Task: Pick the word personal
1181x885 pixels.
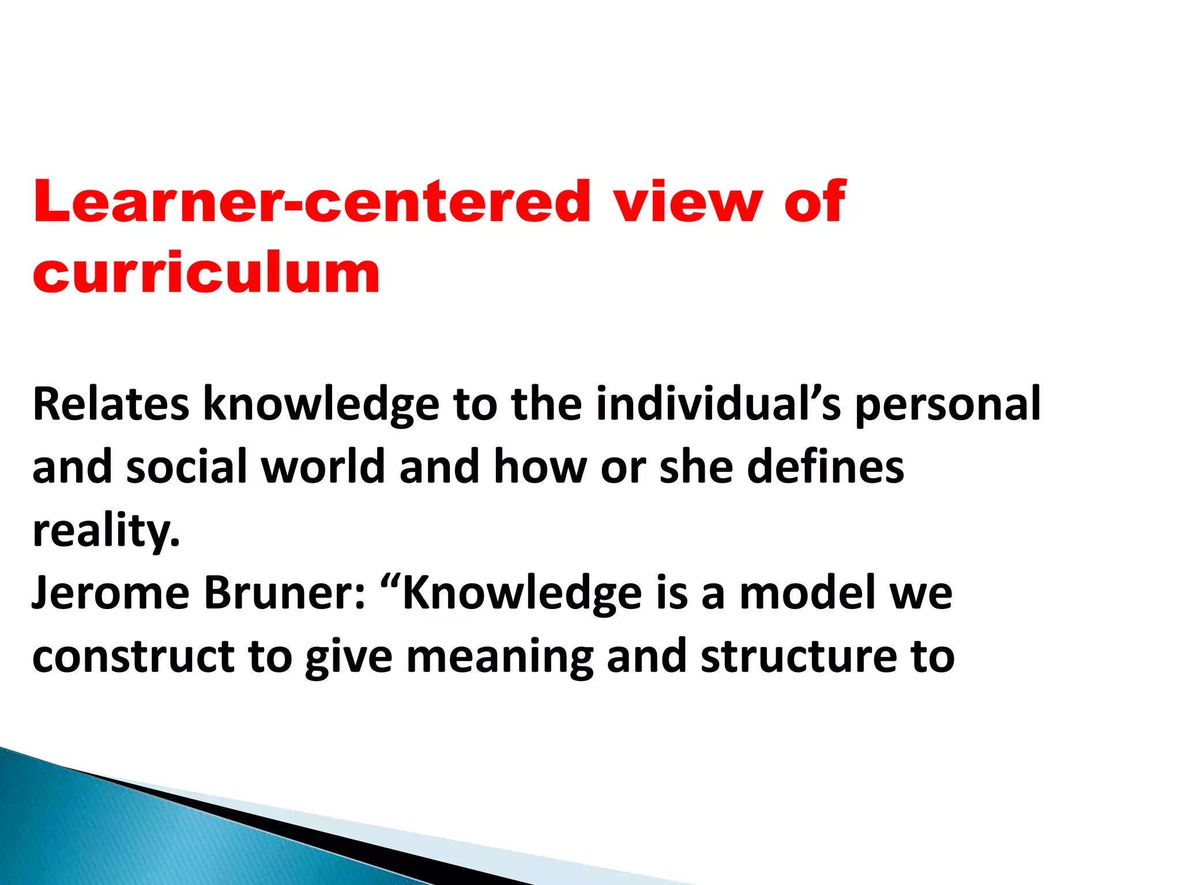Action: pos(947,404)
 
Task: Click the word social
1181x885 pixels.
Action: pos(187,467)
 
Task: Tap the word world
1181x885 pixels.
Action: pos(323,467)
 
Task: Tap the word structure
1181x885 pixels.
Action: pos(798,657)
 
